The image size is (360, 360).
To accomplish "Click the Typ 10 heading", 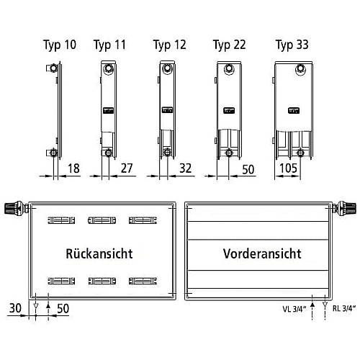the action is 60,45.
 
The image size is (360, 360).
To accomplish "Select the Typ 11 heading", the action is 109,45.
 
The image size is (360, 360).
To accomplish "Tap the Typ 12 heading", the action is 169,45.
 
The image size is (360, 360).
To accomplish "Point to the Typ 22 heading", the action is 230,45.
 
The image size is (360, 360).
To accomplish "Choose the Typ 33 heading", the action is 292,45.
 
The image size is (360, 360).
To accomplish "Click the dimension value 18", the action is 73,168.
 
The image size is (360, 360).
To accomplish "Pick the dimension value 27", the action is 127,168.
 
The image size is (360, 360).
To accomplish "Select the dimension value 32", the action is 186,168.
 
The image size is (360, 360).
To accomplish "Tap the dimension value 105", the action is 289,168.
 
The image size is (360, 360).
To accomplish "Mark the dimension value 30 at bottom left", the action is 15,308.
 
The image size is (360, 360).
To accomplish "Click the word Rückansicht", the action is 99,253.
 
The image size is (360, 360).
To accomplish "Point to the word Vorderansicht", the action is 262,253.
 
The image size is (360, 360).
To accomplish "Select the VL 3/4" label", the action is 294,309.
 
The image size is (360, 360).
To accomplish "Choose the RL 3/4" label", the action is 344,308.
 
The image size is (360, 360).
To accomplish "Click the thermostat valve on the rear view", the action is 17,208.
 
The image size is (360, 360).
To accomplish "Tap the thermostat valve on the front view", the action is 344,208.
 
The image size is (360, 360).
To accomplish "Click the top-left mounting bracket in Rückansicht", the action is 61,220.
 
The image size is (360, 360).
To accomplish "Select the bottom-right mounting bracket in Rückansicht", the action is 143,281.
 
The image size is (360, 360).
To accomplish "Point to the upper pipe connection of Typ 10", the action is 52,68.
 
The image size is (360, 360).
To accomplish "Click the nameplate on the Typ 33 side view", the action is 294,111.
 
